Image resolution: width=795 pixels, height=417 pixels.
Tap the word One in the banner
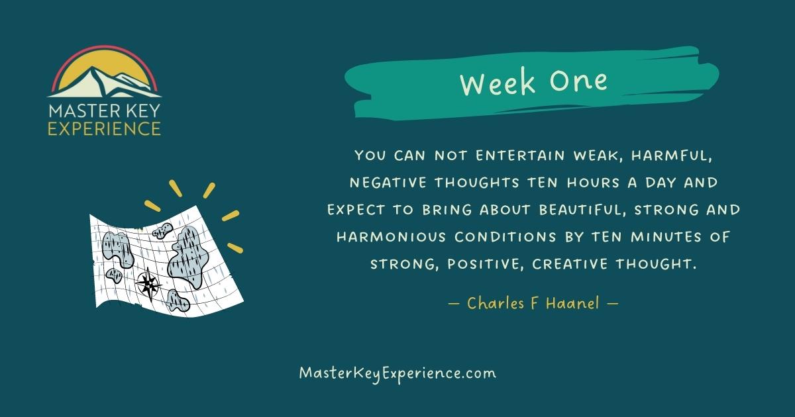click(578, 81)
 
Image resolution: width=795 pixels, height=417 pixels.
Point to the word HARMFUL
click(684, 156)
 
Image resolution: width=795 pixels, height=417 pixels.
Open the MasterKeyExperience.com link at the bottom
click(397, 373)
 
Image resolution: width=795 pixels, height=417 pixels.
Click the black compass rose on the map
click(148, 285)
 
